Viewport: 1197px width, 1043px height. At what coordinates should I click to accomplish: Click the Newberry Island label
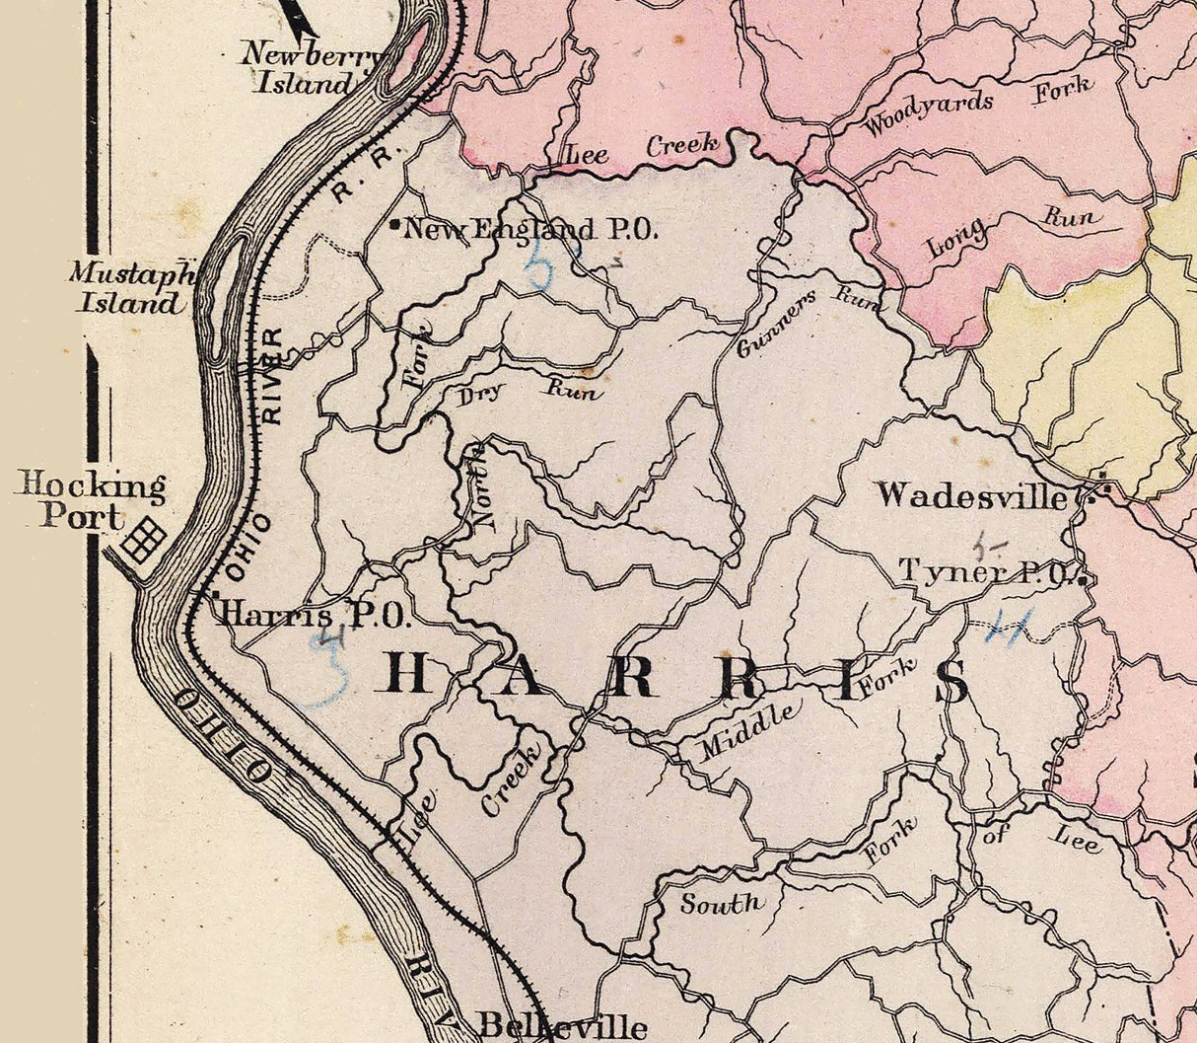coord(310,68)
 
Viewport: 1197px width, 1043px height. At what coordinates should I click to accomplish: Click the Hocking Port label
coord(90,501)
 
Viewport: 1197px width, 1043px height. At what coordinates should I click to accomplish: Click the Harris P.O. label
coord(312,616)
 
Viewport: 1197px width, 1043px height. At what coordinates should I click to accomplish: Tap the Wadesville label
coord(971,494)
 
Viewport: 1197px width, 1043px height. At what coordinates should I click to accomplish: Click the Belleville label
coord(562,1025)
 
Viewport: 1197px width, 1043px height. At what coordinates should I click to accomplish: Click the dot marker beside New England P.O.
coord(395,227)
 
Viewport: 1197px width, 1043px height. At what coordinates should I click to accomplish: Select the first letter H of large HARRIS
coord(405,675)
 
